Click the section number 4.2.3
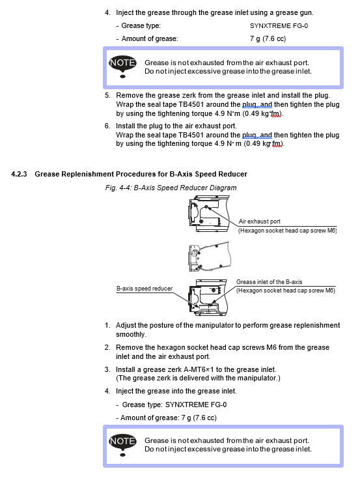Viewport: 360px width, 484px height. pos(19,174)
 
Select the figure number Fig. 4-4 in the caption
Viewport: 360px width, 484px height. pos(118,188)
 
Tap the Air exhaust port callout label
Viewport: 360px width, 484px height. pos(260,221)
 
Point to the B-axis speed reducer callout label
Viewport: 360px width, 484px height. pos(145,289)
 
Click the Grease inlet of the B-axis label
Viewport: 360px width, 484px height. pos(270,282)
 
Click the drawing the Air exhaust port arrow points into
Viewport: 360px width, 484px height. pos(209,214)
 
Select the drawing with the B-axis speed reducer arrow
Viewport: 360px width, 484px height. pos(208,297)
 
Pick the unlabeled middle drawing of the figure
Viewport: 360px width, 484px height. pos(210,257)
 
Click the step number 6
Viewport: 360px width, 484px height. pos(107,126)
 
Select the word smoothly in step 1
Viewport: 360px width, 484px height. pos(130,334)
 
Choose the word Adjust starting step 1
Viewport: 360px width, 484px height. pos(126,325)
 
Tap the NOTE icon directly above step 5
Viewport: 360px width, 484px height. pos(122,66)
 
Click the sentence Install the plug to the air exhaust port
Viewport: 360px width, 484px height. pos(176,126)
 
